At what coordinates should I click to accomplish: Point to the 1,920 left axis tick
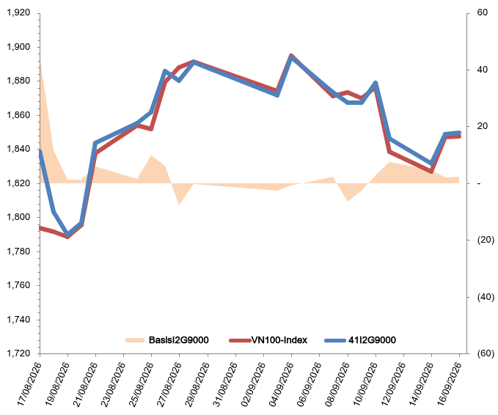tap(18, 12)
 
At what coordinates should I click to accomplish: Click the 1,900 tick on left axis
tap(18, 47)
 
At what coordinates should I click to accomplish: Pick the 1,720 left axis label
tap(18, 353)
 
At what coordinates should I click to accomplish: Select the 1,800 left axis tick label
tap(18, 217)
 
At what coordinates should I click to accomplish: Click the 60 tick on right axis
tap(482, 12)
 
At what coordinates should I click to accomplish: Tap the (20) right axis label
tap(486, 240)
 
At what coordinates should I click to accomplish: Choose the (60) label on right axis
tap(486, 353)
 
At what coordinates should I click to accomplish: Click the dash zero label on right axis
tap(479, 183)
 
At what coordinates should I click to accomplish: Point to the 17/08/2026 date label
tap(29, 384)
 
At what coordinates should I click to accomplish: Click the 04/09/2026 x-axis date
tap(280, 384)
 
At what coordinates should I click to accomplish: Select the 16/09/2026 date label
tap(448, 384)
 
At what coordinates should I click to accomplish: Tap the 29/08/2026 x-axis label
tap(197, 384)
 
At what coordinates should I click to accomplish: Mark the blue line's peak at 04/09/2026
tap(291, 56)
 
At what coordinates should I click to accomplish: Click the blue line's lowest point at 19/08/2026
tap(67, 235)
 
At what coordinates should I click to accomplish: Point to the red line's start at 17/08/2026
tap(40, 227)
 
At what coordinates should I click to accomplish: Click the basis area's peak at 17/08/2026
tap(40, 61)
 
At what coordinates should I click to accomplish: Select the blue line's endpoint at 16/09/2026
tap(459, 133)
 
